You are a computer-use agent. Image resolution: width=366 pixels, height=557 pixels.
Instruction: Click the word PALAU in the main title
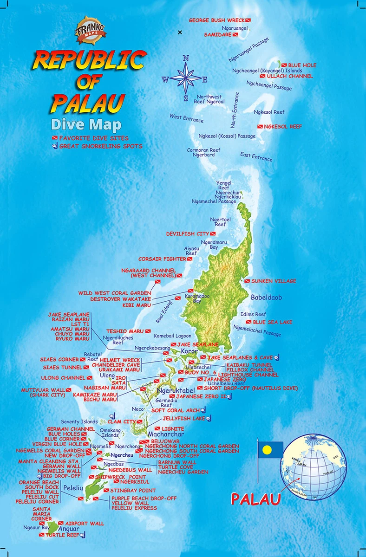pos(88,102)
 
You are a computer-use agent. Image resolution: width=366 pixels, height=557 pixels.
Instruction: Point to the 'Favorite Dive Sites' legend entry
pos(93,138)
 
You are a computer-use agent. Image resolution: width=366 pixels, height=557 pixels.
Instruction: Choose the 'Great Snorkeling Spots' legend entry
pos(100,146)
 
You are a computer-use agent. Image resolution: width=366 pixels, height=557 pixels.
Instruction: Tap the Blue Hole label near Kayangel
pos(302,65)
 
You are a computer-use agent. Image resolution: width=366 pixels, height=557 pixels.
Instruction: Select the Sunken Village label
pos(273,281)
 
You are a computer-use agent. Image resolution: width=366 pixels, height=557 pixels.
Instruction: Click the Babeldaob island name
pos(267,297)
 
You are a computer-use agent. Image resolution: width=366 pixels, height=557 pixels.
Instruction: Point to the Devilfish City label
pos(188,233)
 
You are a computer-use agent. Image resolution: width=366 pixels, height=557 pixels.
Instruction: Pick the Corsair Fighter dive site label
pos(162,259)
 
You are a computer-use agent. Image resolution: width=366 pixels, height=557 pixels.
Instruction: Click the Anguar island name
pos(69,529)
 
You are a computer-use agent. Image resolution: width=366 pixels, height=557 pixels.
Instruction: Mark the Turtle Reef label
pos(62,535)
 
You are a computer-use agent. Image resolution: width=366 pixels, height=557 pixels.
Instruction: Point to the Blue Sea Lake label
pos(273,322)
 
